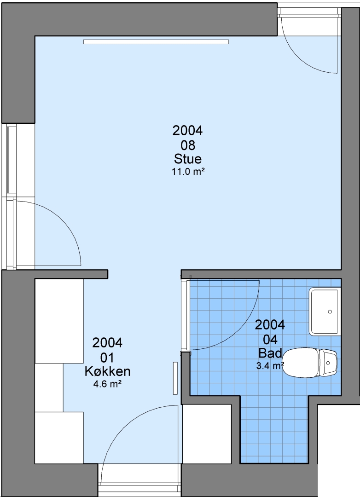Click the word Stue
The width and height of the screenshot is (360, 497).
(x=188, y=158)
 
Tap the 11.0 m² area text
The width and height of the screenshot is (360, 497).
(x=188, y=172)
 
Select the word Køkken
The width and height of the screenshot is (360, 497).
(x=108, y=371)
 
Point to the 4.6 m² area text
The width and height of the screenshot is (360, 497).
(x=108, y=384)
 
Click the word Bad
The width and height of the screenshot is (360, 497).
(x=270, y=353)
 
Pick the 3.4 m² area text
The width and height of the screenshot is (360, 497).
(x=270, y=366)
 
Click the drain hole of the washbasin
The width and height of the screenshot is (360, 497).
(x=330, y=312)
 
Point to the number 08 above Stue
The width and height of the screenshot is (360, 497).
(x=188, y=145)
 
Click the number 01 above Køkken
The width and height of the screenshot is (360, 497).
(x=107, y=358)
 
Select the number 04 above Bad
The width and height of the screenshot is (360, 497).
(x=270, y=340)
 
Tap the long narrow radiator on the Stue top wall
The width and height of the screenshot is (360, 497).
(x=156, y=42)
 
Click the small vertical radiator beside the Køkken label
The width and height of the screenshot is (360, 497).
(x=175, y=378)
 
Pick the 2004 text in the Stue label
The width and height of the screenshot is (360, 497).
(x=187, y=131)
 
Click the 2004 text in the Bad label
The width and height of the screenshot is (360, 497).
(x=270, y=325)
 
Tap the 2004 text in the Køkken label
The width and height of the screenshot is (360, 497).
(x=107, y=343)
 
